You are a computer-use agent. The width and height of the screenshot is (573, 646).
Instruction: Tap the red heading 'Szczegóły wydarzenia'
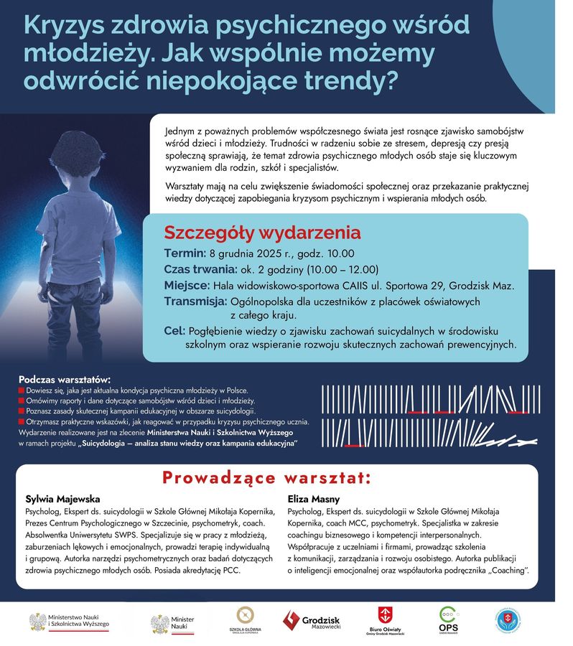262,233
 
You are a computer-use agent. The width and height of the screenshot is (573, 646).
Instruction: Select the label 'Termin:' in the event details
185,253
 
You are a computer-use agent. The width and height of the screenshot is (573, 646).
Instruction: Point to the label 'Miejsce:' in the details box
187,286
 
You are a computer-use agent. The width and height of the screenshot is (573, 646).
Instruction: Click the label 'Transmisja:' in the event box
195,301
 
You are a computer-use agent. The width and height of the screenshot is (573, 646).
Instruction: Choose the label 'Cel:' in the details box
174,331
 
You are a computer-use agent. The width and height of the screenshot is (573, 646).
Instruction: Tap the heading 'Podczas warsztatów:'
65,378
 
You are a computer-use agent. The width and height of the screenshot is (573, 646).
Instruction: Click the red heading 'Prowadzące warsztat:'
266,477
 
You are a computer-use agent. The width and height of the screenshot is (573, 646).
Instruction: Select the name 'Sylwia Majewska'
62,498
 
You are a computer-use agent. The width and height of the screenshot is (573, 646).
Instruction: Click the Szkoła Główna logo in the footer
246,622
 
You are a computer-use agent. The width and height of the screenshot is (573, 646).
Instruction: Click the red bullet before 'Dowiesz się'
22,390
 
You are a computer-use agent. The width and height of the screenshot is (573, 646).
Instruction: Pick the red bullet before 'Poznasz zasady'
22,411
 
